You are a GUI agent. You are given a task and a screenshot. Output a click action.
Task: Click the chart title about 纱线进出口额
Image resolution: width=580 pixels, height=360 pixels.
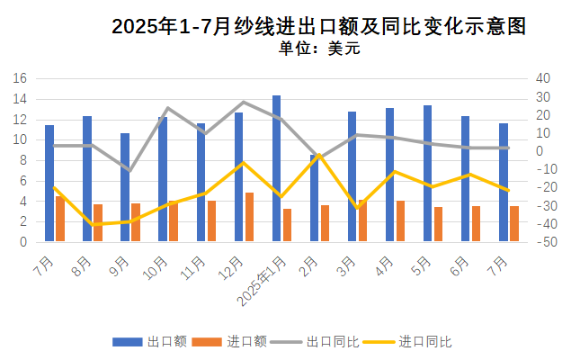coord(318,27)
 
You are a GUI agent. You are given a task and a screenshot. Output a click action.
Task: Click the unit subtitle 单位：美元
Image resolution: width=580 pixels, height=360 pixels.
coord(318,49)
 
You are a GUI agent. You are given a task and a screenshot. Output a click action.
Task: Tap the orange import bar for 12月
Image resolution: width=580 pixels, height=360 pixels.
coord(249,217)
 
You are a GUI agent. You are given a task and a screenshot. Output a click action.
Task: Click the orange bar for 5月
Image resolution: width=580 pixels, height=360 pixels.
coord(438,224)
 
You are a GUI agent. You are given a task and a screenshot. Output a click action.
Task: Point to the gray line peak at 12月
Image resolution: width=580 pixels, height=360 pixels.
coord(244,102)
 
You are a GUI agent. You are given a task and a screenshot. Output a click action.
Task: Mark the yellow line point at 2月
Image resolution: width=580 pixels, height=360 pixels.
coord(319,155)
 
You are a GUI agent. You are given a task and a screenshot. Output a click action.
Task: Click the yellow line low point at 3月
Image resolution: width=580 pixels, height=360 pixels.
coord(358,208)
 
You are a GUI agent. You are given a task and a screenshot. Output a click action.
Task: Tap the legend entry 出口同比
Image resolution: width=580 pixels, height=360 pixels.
coord(333,342)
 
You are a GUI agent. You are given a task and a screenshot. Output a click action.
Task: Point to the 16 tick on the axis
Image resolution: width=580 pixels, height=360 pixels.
coord(21,78)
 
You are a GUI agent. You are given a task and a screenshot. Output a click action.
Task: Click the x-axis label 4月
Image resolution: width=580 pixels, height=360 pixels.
coord(383,267)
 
